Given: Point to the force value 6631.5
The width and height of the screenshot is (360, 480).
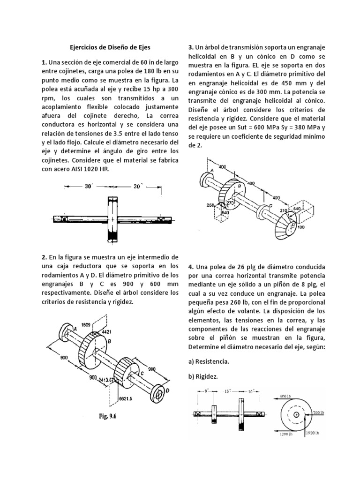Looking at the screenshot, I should coord(126,399).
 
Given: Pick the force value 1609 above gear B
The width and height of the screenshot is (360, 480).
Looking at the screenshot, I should coord(85,324).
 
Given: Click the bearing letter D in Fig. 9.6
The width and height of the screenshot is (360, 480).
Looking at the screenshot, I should coord(167,390).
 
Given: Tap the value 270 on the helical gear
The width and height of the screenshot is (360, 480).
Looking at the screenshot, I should coord(230,203).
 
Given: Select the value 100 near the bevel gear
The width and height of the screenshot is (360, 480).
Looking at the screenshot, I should coord(300,227).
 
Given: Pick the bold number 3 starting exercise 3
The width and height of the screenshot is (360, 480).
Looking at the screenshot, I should coord(191,47).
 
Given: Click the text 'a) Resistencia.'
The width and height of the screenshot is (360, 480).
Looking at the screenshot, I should coord(208,361).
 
